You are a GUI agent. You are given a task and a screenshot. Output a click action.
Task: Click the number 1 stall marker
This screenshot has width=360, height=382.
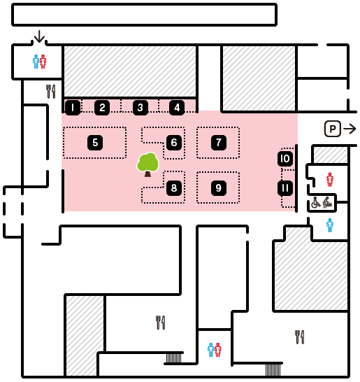73,108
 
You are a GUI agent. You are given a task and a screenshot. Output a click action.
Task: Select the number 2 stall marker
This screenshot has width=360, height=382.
102,108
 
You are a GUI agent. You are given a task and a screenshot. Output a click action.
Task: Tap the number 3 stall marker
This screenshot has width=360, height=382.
141,108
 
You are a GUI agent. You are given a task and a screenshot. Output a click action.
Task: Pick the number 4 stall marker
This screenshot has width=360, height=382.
177,108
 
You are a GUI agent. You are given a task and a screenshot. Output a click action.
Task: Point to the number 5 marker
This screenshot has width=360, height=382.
95,143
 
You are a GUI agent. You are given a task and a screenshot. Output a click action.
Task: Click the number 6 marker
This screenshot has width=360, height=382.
174,143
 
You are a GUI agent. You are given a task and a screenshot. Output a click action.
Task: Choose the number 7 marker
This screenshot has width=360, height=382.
219,143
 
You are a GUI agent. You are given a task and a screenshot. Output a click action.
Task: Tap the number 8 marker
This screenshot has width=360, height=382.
174,188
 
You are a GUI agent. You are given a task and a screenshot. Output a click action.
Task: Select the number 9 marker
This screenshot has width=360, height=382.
219,188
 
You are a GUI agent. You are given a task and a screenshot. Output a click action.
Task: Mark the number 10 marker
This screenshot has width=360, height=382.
285,159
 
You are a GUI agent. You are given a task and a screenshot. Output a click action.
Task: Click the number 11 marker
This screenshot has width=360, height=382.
285,188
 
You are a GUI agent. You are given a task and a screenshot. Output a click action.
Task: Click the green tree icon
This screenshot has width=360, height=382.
147,164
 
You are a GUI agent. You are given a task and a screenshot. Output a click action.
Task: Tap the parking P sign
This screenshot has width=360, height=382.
333,129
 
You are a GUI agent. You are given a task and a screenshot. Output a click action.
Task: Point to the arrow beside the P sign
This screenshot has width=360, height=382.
350,129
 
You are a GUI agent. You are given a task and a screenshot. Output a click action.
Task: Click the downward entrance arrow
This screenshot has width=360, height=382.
39,36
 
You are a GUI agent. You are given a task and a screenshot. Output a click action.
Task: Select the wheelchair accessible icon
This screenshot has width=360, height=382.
316,203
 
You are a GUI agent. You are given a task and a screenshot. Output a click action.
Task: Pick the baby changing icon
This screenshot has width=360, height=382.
328,203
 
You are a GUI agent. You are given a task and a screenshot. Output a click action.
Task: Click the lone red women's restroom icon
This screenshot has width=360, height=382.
329,180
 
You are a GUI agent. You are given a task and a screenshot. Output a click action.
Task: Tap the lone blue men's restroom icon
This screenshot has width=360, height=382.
329,225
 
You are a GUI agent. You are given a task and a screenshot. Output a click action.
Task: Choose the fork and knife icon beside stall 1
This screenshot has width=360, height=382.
51,92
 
